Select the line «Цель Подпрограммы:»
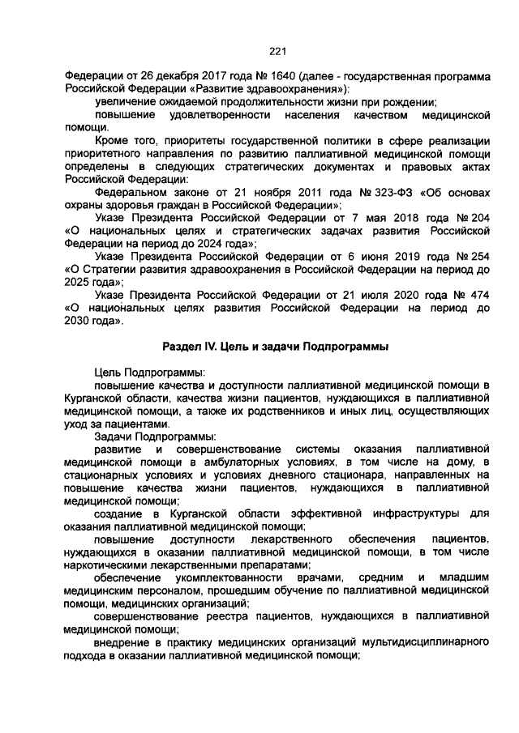[148, 372]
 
